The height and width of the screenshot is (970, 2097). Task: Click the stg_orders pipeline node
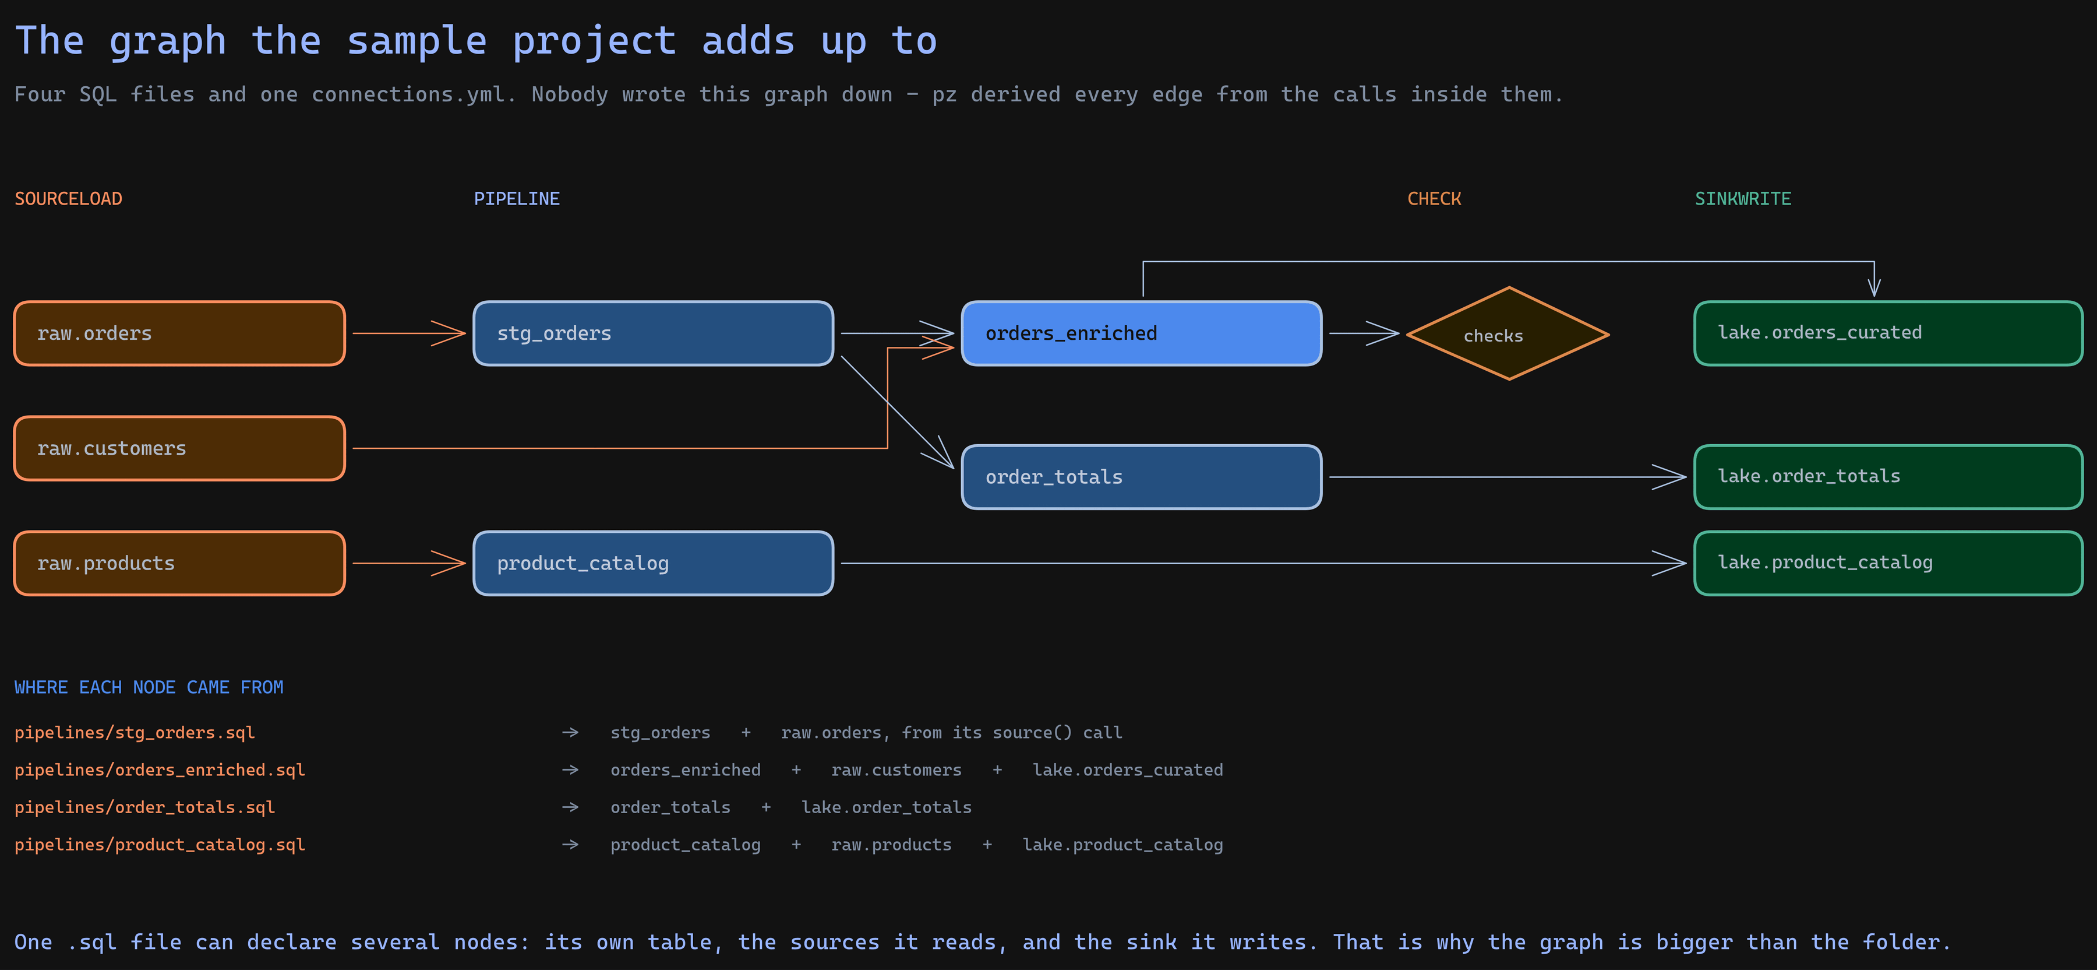click(654, 333)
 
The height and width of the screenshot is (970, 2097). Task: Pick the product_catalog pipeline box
click(654, 563)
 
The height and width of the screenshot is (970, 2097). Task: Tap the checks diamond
click(1509, 333)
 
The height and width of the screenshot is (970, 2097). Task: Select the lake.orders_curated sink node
click(1888, 333)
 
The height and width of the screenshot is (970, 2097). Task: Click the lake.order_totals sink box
click(1888, 476)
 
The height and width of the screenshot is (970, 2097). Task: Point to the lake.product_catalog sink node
click(1888, 563)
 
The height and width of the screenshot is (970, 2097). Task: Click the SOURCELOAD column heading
click(68, 199)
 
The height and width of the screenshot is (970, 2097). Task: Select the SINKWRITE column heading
click(1743, 199)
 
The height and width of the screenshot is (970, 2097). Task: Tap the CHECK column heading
click(1434, 199)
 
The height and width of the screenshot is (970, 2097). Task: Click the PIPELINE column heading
click(517, 199)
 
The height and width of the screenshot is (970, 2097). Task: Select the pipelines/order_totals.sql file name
click(145, 807)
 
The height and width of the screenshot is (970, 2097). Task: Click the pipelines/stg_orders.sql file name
click(135, 732)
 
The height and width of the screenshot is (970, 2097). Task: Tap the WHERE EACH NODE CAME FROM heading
click(149, 687)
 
